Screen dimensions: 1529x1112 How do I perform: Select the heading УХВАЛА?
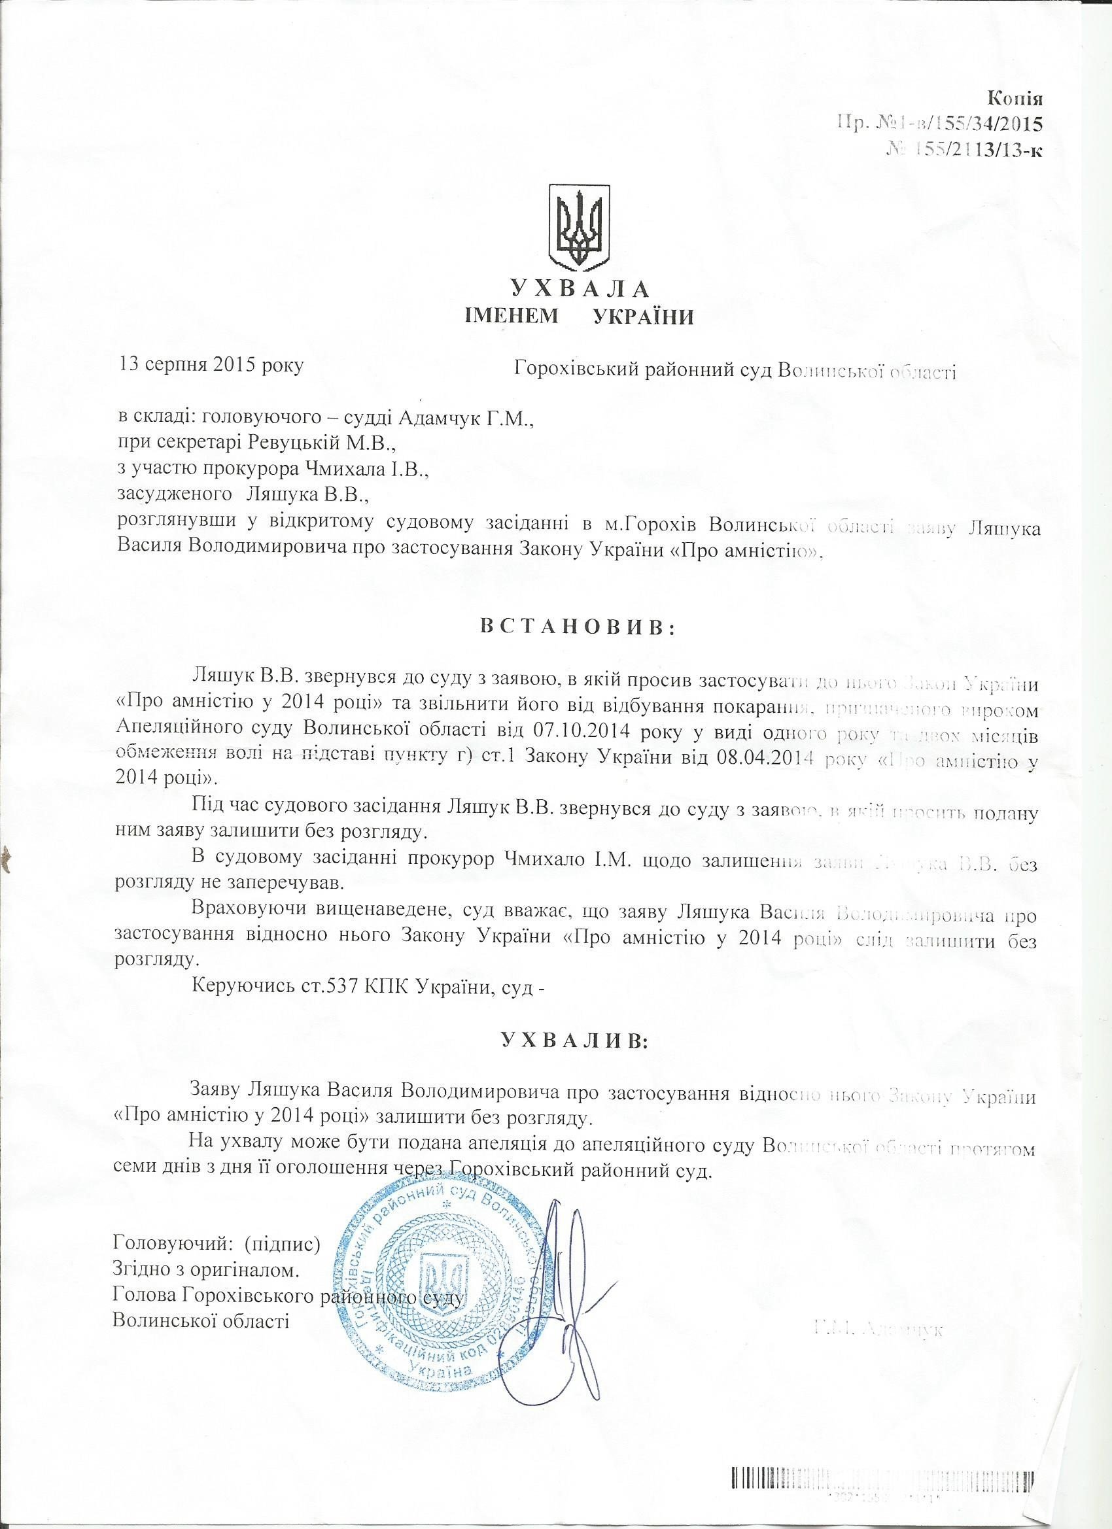(580, 289)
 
